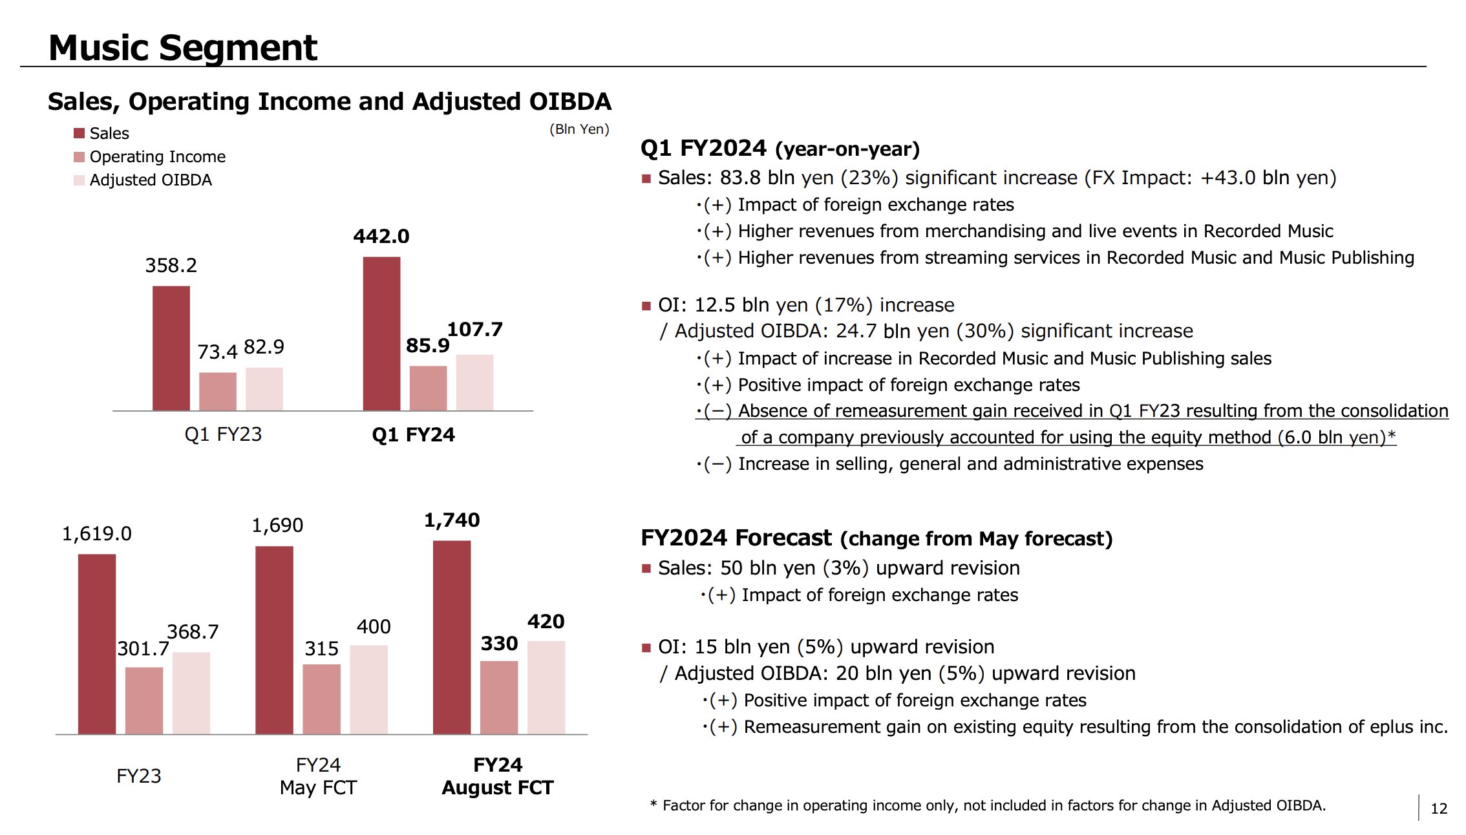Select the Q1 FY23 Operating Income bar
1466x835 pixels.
pyautogui.click(x=217, y=391)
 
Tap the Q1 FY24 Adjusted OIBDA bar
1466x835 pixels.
pyautogui.click(x=474, y=382)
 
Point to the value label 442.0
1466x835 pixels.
pyautogui.click(x=381, y=237)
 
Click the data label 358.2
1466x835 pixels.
pyautogui.click(x=171, y=266)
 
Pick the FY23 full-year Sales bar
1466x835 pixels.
pyautogui.click(x=97, y=644)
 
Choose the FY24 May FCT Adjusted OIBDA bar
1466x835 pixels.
pyautogui.click(x=368, y=689)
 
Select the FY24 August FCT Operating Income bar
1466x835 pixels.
pyautogui.click(x=499, y=697)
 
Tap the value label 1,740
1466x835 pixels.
pyautogui.click(x=452, y=520)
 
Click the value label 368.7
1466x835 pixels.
pyautogui.click(x=193, y=632)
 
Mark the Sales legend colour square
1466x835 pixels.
pyautogui.click(x=80, y=133)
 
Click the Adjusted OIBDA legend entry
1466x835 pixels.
pyautogui.click(x=150, y=180)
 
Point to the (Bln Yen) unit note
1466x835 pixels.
pyautogui.click(x=579, y=129)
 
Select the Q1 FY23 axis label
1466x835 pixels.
pyautogui.click(x=223, y=434)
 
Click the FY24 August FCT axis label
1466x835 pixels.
pyautogui.click(x=498, y=776)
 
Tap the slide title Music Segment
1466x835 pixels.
pyautogui.click(x=183, y=48)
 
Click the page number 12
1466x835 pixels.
pyautogui.click(x=1439, y=809)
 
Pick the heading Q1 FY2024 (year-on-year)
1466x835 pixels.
pyautogui.click(x=780, y=149)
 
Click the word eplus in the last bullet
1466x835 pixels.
pyautogui.click(x=1385, y=727)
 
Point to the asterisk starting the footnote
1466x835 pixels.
pyautogui.click(x=653, y=804)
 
